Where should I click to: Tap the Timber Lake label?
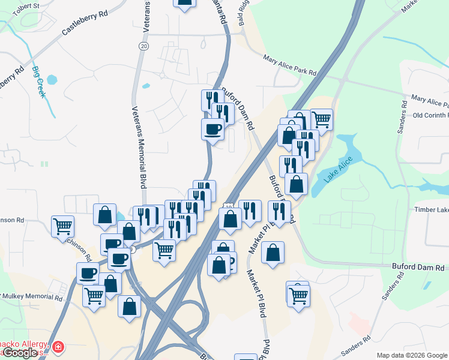432,209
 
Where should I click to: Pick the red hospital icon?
58,347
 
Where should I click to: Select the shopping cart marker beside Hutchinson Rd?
62,227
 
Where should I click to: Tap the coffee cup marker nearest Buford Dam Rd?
213,128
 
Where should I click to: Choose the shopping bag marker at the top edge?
185,2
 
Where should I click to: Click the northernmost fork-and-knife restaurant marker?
212,99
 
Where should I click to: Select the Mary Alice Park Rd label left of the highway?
290,65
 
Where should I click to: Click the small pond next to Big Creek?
51,79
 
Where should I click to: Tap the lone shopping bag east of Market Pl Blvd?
273,253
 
